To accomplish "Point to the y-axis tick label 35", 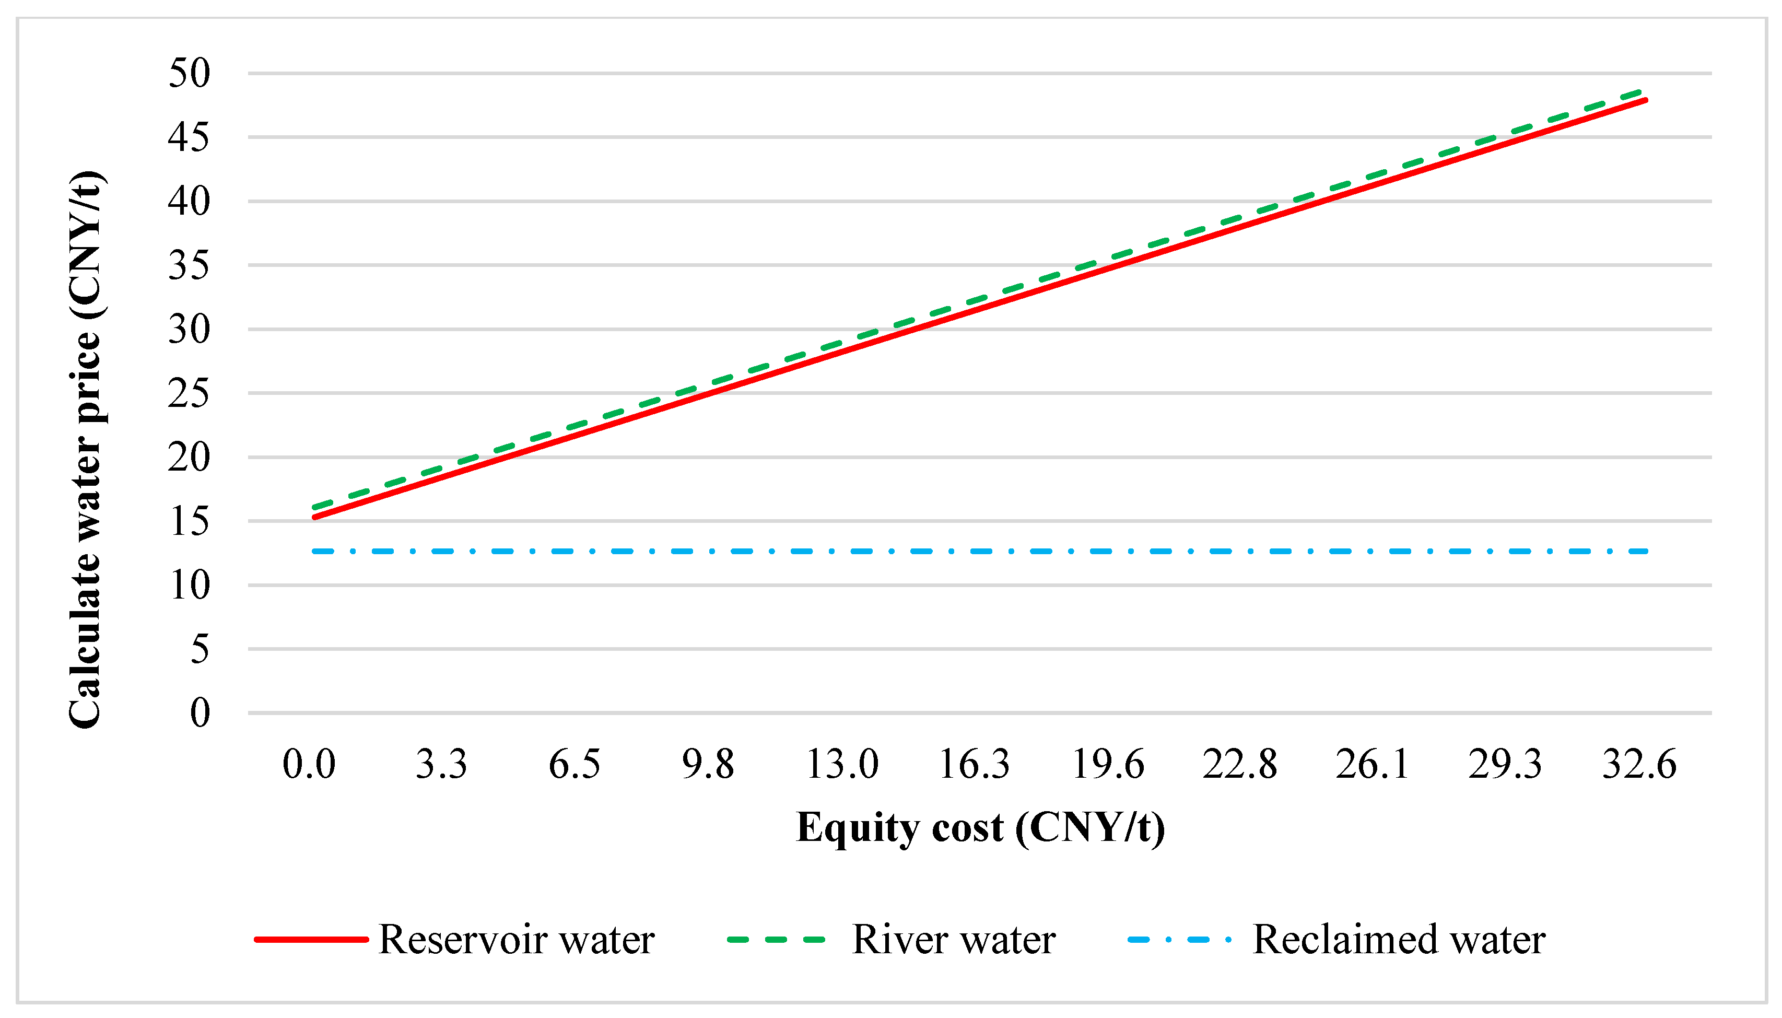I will pos(189,266).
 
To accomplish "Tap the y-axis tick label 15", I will pos(189,522).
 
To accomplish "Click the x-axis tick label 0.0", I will pos(309,764).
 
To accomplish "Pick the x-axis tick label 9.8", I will pos(708,764).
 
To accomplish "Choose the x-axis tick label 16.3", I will pos(974,764).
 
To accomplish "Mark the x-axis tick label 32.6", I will pos(1639,764).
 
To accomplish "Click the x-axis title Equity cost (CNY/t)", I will pos(980,828).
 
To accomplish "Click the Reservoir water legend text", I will pos(516,939).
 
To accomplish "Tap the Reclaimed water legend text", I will pos(1398,939).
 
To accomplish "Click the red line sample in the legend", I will pos(311,940).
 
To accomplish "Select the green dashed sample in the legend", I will pos(776,940).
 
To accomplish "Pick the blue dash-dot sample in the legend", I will pos(1179,940).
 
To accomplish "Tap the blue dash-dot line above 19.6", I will pos(1108,552).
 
